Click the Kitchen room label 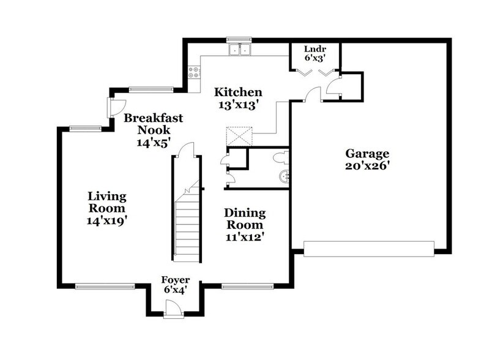tap(238, 92)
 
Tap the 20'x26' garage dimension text tap(367, 165)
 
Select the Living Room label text tap(107, 203)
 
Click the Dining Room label tap(245, 219)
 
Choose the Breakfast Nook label tap(153, 124)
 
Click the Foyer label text tap(175, 280)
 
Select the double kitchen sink tap(240, 48)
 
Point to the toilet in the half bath tap(280, 157)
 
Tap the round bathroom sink tap(284, 178)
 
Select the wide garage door tap(369, 248)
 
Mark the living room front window tap(105, 285)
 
